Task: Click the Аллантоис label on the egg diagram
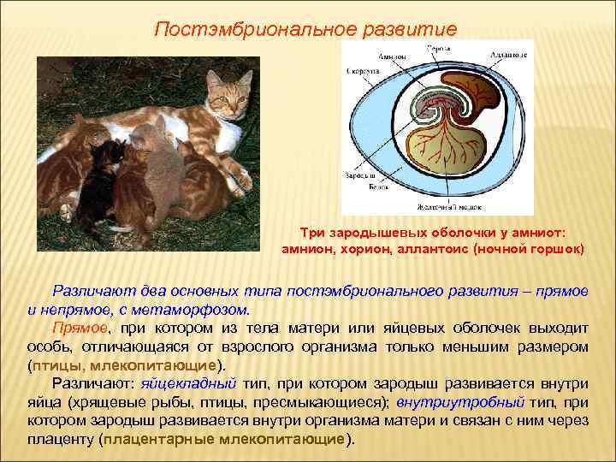[508, 55]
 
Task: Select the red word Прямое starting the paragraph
[80, 328]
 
